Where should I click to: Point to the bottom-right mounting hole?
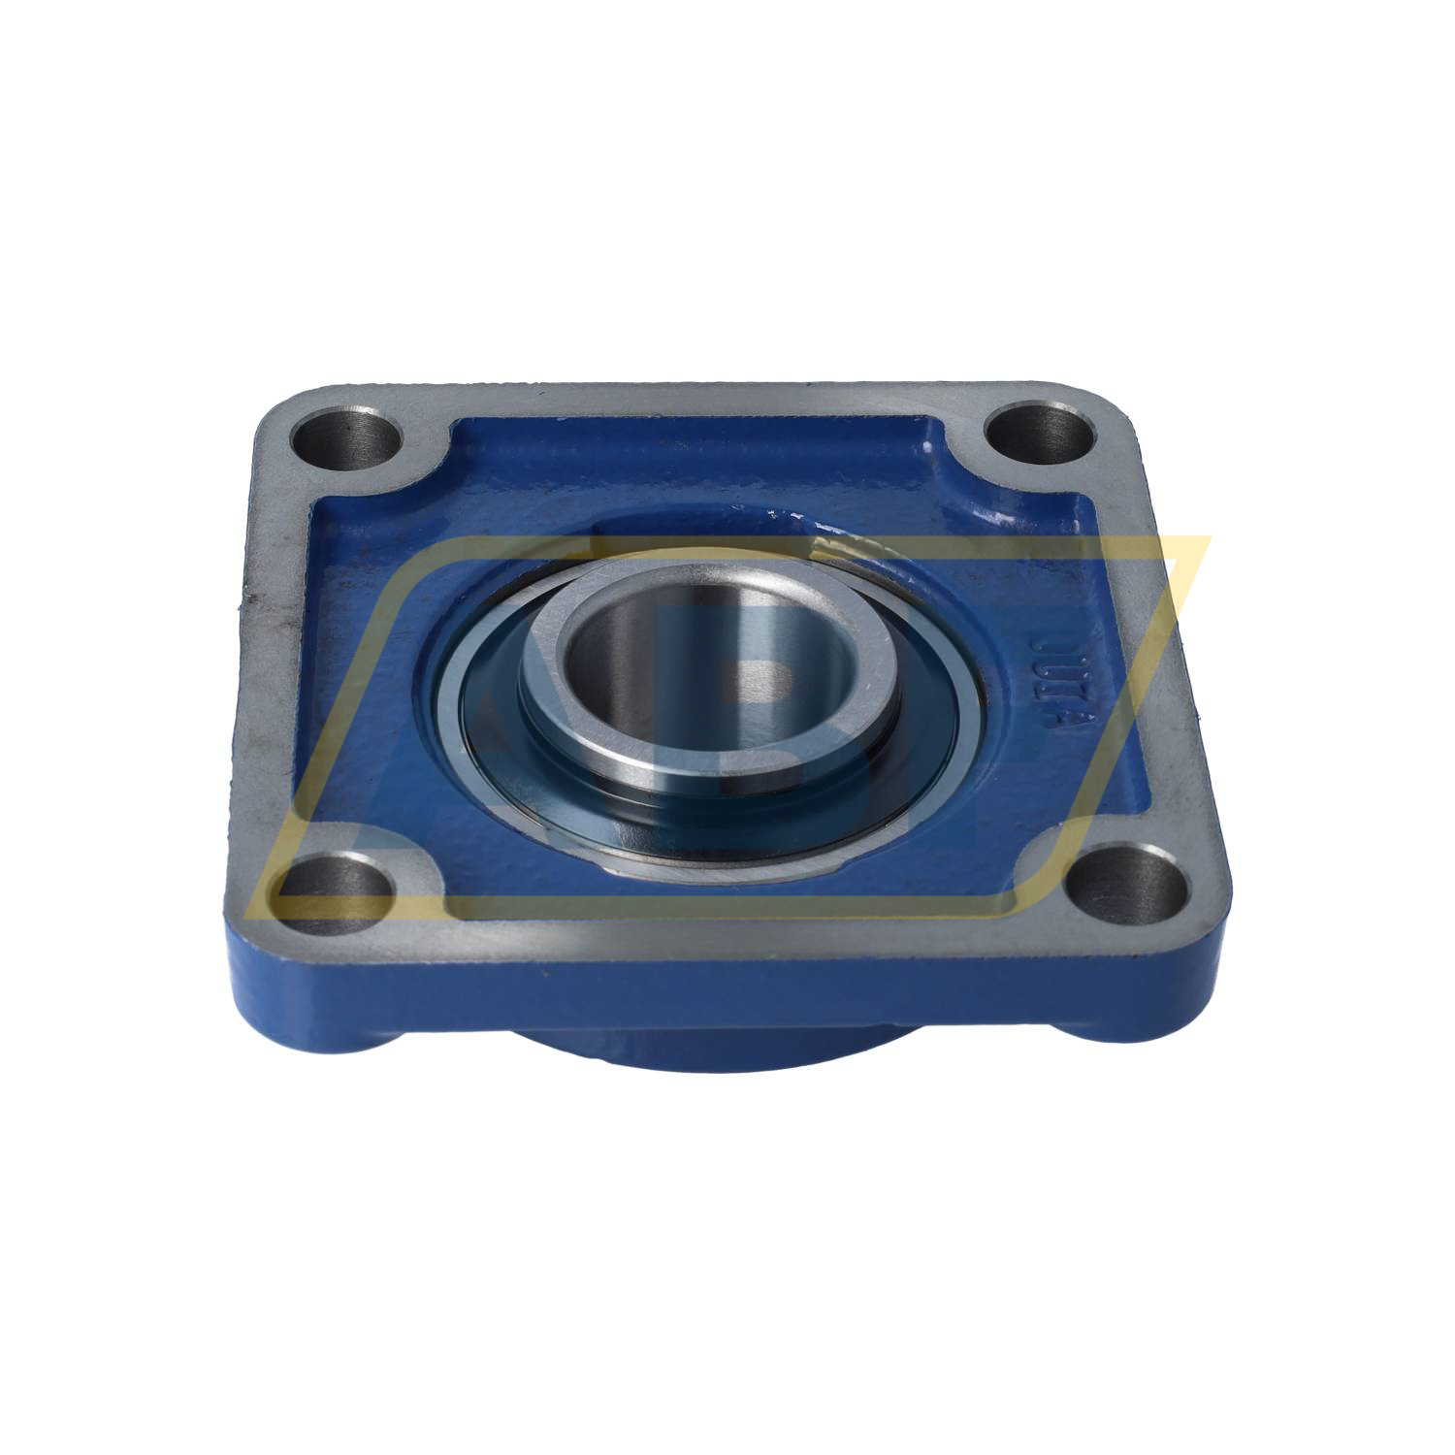pos(1132,879)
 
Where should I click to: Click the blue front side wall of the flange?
pos(737,970)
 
